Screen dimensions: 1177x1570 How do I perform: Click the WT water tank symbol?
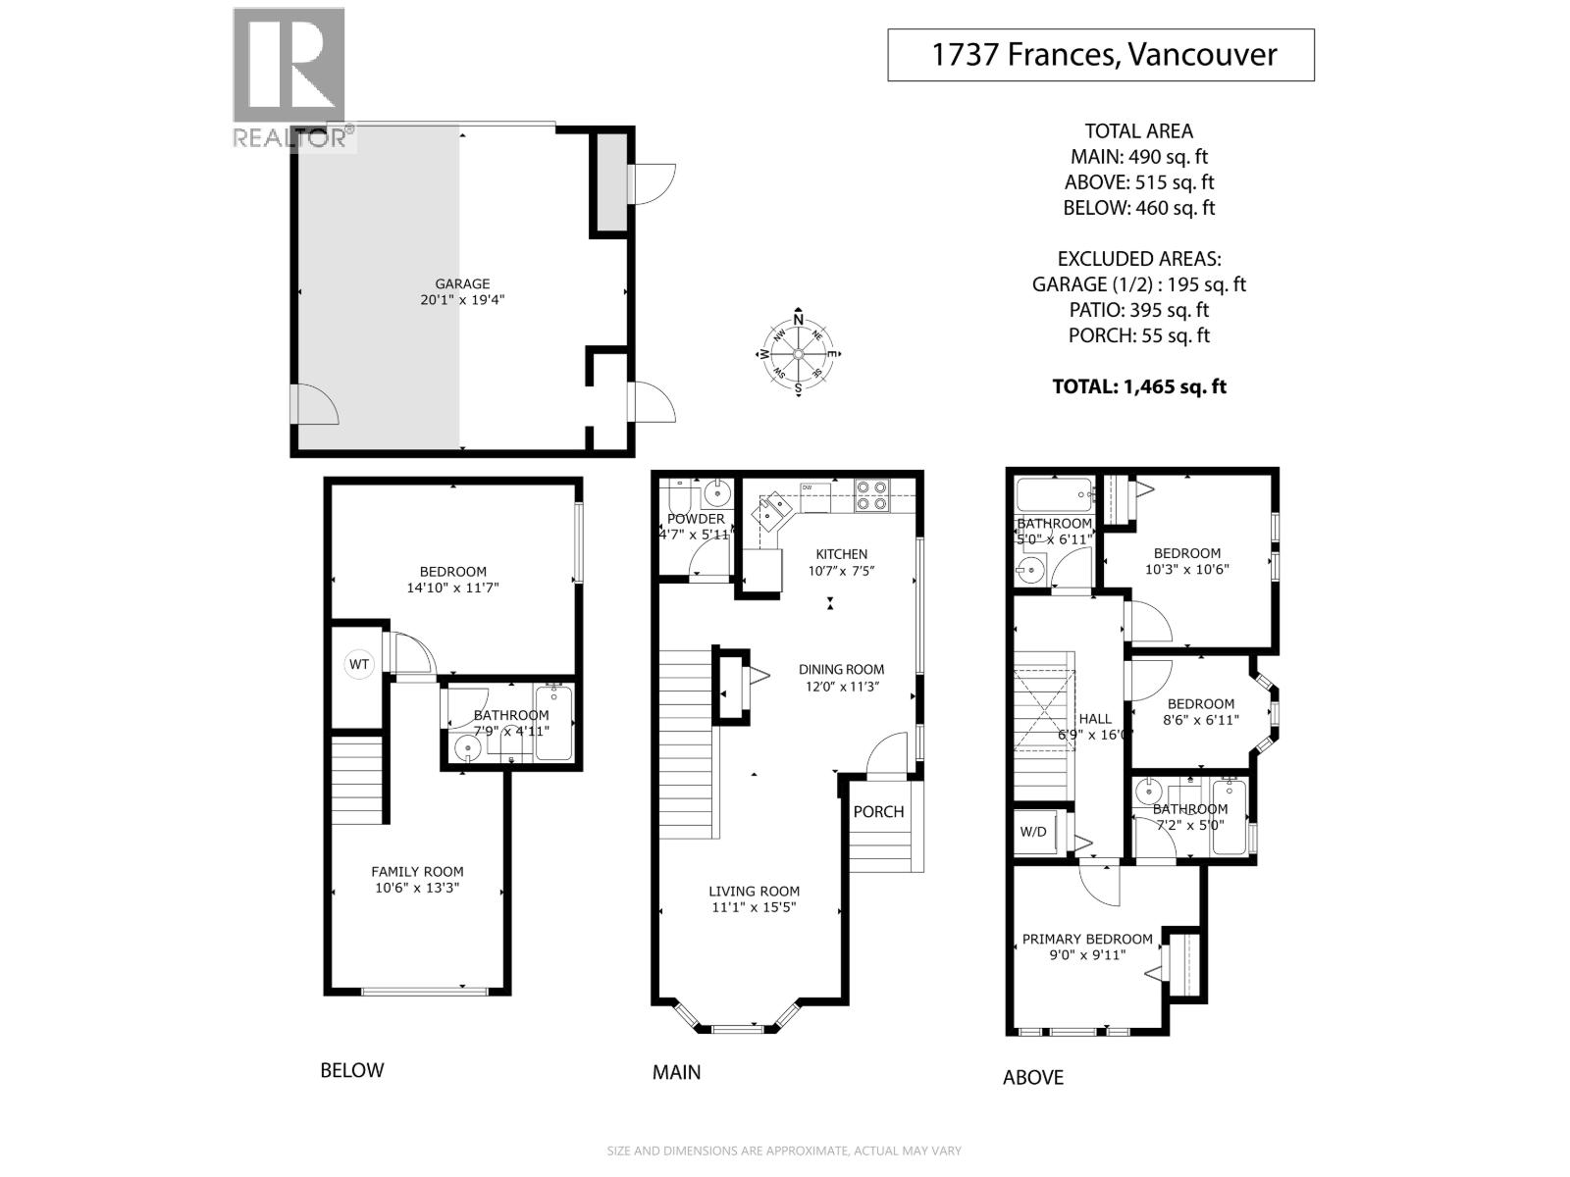(x=359, y=664)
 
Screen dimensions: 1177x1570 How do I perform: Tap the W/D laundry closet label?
(x=1033, y=832)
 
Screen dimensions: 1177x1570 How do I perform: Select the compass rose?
(x=799, y=354)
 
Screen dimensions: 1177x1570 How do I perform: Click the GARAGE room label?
(x=462, y=284)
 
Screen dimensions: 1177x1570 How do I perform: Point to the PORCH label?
(x=878, y=811)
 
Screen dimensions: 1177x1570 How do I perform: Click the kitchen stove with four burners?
(x=871, y=495)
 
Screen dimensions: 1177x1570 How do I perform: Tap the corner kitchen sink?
(x=774, y=509)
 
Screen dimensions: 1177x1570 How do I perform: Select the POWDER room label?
(x=696, y=519)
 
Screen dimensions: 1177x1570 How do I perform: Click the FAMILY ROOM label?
(x=417, y=871)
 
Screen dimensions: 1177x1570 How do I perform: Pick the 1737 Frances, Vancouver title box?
(x=1100, y=54)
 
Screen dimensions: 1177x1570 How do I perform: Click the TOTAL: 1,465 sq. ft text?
(x=1139, y=386)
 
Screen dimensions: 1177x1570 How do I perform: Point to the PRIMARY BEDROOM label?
(x=1087, y=939)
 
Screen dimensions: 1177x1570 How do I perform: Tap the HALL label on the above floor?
(x=1095, y=719)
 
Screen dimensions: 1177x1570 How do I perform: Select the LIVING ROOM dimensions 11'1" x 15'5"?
(x=754, y=907)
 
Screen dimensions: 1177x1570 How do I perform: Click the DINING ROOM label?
(x=841, y=670)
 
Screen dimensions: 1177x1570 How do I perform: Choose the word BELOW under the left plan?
(x=352, y=1070)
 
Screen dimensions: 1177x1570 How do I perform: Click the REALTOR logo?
(x=289, y=78)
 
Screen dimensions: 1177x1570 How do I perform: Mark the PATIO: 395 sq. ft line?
(x=1138, y=310)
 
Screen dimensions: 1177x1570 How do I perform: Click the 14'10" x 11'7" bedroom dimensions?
(x=452, y=588)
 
